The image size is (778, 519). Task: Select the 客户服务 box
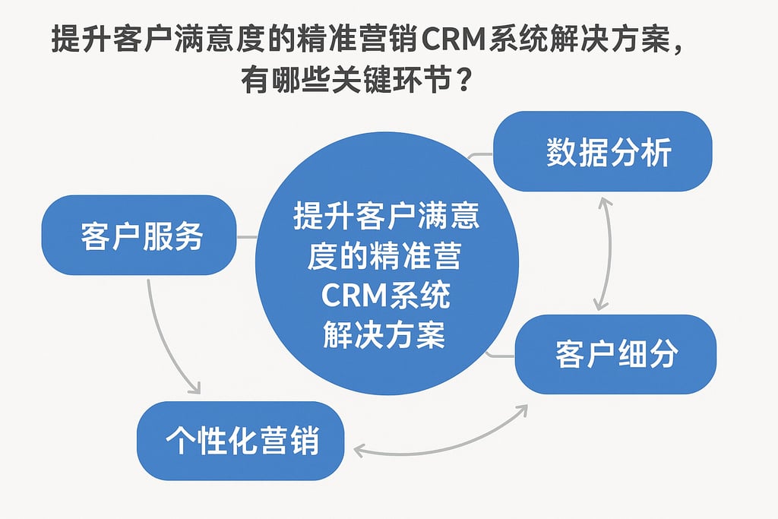(x=138, y=235)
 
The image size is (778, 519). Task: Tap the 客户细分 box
(x=615, y=354)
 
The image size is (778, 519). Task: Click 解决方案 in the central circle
(x=383, y=334)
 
